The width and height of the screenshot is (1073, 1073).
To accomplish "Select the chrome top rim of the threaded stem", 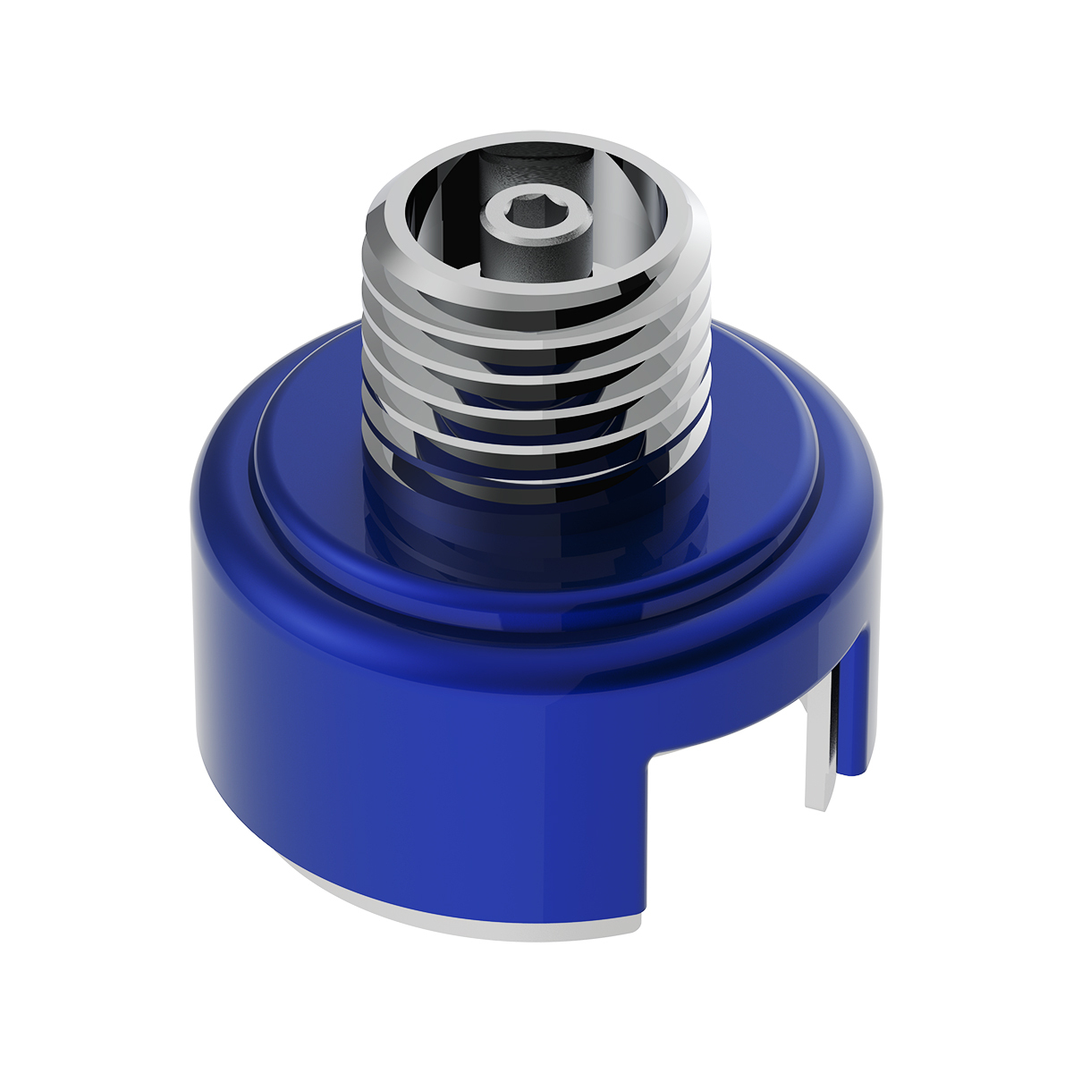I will [x=536, y=148].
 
